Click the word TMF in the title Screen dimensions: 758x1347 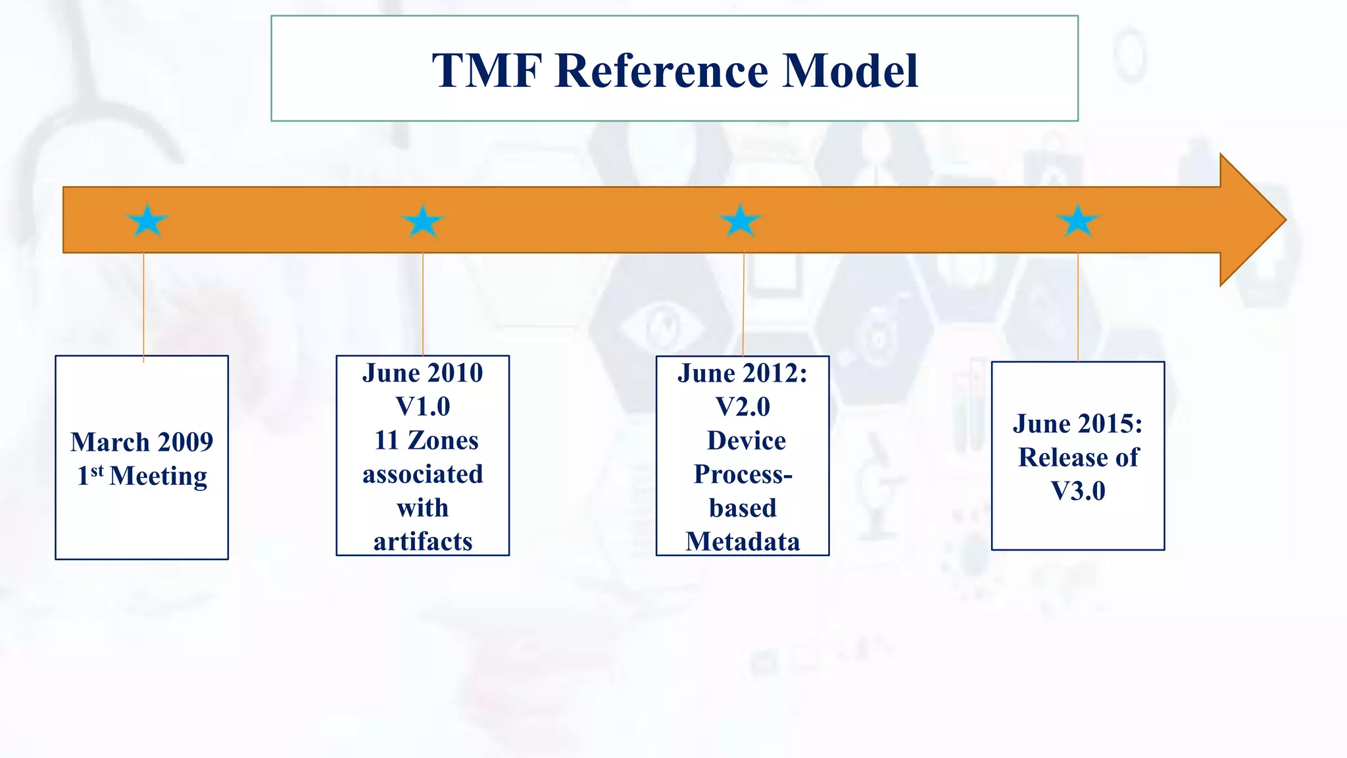[x=487, y=70]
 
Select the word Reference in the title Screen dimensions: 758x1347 [x=662, y=70]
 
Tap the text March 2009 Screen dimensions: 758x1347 [x=142, y=442]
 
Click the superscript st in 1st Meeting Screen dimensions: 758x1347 [x=97, y=471]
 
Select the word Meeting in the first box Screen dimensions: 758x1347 [x=159, y=476]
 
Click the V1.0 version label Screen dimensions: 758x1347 [x=423, y=407]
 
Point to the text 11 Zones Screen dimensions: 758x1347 [x=426, y=440]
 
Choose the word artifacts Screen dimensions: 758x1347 [x=423, y=542]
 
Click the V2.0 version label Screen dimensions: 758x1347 [x=743, y=407]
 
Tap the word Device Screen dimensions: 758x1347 [x=747, y=440]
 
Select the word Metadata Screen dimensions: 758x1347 [x=743, y=542]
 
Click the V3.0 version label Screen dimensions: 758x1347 [x=1078, y=491]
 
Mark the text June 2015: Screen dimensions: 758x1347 [x=1078, y=424]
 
